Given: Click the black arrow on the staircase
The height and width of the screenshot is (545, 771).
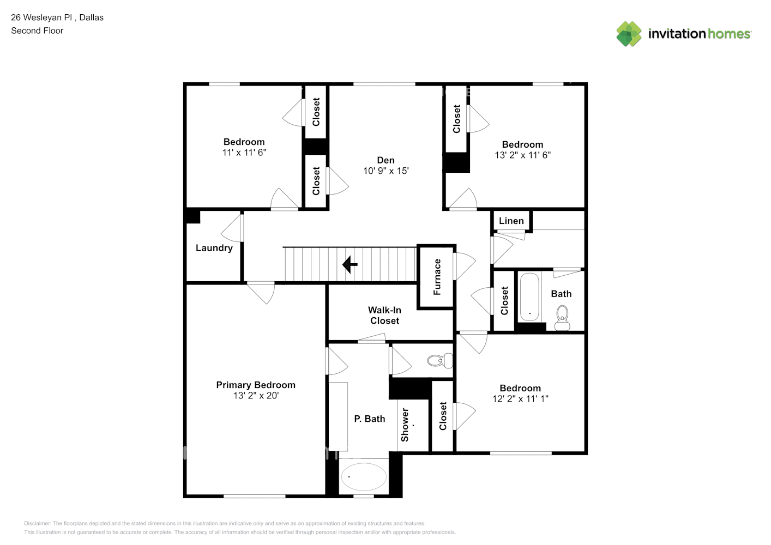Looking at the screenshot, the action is click(x=350, y=264).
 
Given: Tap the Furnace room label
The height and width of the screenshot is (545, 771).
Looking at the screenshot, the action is click(x=437, y=277).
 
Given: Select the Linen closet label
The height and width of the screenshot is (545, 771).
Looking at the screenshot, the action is click(x=511, y=221).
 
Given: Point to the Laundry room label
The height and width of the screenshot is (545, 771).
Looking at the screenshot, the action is click(x=214, y=248).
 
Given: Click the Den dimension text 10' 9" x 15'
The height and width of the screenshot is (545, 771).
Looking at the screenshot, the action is click(x=386, y=171).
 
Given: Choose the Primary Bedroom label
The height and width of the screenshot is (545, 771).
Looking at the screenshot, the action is click(x=256, y=385).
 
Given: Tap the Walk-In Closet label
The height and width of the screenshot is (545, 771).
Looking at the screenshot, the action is click(x=384, y=315).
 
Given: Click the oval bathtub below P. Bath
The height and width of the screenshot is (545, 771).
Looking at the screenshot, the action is click(x=364, y=476).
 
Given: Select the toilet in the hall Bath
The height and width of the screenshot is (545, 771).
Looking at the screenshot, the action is click(x=562, y=318).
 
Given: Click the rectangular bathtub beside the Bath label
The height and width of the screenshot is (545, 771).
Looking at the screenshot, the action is click(x=529, y=297).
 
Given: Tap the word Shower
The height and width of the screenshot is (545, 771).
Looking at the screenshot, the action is click(x=405, y=425).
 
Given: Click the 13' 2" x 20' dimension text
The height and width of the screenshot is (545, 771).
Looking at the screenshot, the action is click(x=256, y=396).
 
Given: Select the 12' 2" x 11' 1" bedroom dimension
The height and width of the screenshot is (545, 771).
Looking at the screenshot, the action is click(x=520, y=399).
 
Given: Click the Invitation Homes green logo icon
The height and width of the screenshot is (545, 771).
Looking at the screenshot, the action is click(x=629, y=34).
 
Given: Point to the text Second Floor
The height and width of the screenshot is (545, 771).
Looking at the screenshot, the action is click(x=37, y=31).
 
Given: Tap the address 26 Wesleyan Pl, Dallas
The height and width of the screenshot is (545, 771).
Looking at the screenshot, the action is click(x=57, y=17).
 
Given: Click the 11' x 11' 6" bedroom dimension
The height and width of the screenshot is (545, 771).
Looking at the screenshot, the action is click(x=244, y=153).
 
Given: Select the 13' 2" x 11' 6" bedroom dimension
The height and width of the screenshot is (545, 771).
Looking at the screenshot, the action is click(x=522, y=155).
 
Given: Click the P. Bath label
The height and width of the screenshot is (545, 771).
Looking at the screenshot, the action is click(x=369, y=419).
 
